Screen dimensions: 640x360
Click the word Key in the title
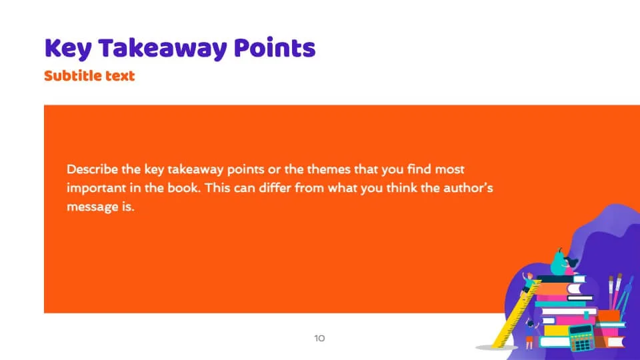68,49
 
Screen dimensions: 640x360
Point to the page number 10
319,338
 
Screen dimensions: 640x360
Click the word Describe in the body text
92,169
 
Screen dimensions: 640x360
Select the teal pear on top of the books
558,262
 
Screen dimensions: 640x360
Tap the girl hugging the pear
571,265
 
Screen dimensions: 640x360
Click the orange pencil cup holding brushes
609,316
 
